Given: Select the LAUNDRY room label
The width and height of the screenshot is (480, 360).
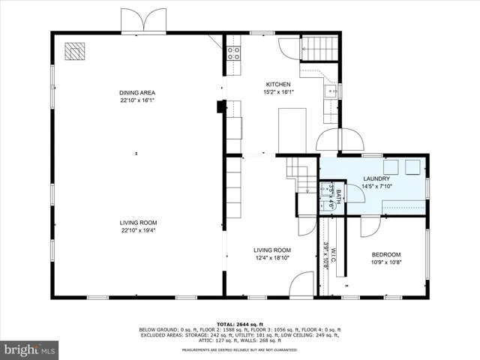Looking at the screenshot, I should click(375, 178).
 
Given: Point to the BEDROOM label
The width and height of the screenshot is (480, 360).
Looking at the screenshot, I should click(385, 254).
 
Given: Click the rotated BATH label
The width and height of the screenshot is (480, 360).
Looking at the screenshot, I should click(337, 198).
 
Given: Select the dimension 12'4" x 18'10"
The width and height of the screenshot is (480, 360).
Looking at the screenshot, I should click(271, 258).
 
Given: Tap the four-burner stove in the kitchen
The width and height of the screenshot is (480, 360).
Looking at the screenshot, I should click(233, 53).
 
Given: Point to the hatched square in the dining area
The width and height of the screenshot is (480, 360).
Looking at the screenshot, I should click(75, 50).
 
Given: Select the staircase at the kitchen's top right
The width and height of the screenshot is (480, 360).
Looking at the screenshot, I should click(320, 49).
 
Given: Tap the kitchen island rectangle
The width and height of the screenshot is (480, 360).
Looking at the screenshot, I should click(292, 130).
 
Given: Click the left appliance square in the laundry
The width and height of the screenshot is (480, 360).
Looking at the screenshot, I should click(391, 166).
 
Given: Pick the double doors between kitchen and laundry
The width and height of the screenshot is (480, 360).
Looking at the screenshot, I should click(338, 139).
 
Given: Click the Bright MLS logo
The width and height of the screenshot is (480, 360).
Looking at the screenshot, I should click(30, 349).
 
